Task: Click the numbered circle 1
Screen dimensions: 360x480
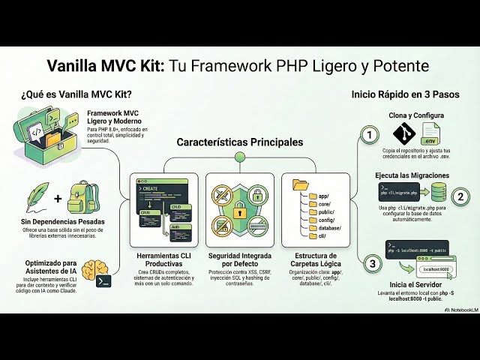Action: pos(368,135)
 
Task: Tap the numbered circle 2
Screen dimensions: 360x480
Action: pos(462,196)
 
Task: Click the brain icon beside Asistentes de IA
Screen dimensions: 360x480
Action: pos(93,271)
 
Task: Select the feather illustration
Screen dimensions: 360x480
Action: pos(37,196)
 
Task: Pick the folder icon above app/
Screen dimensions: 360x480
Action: pos(301,184)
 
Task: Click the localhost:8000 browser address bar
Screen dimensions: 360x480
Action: pos(435,268)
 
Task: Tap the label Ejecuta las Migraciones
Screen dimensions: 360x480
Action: pos(412,175)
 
